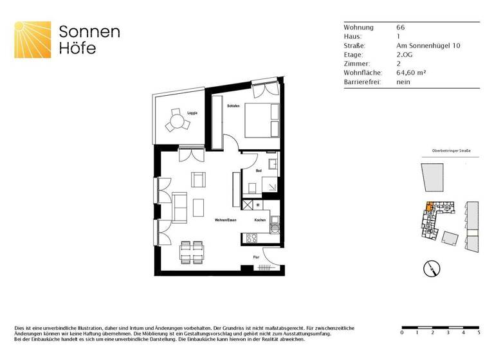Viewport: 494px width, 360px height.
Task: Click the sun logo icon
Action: click(33, 40)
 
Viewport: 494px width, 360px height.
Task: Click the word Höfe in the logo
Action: click(77, 48)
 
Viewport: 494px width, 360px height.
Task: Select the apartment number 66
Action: click(401, 28)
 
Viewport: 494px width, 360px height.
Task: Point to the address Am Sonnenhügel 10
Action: click(428, 46)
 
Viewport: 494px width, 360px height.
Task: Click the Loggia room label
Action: click(192, 113)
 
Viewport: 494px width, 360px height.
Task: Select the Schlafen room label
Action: click(233, 105)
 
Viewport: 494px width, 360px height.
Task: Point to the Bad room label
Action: click(258, 172)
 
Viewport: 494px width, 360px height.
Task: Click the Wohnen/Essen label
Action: click(224, 221)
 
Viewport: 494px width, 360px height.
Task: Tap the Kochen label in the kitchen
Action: click(260, 221)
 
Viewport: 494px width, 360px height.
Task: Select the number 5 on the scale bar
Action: click(478, 333)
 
